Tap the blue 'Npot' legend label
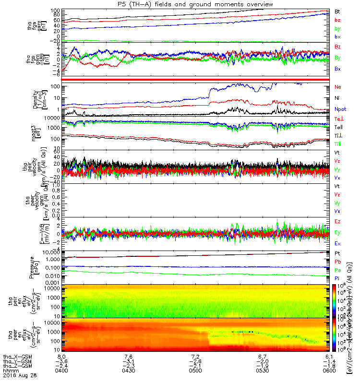[x=340, y=109]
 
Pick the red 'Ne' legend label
[x=337, y=87]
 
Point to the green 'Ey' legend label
[x=337, y=232]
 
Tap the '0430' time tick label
[x=128, y=370]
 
